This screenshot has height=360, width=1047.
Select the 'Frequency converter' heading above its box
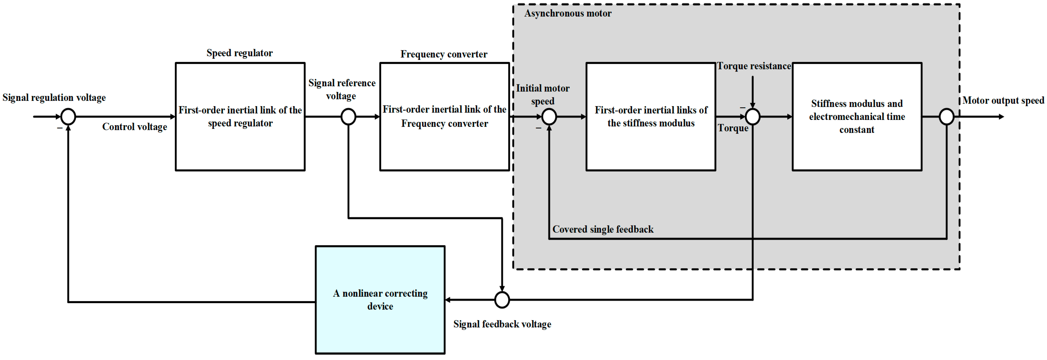(444, 54)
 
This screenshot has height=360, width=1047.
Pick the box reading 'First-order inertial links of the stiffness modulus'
(651, 117)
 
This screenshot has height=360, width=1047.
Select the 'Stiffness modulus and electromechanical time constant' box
(857, 117)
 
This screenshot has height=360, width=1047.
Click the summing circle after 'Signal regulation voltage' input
(68, 117)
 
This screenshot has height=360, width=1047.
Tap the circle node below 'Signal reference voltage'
(348, 117)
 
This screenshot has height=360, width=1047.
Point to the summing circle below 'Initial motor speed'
(549, 117)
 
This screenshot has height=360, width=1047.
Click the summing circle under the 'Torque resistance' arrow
(753, 117)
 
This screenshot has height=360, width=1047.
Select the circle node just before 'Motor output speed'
(947, 117)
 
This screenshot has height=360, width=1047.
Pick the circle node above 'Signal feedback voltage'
(502, 300)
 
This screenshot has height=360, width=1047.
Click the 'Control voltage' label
(135, 127)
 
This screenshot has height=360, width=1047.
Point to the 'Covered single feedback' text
(603, 229)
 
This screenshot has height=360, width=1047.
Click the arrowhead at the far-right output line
(1001, 117)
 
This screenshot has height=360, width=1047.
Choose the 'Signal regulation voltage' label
(54, 98)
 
